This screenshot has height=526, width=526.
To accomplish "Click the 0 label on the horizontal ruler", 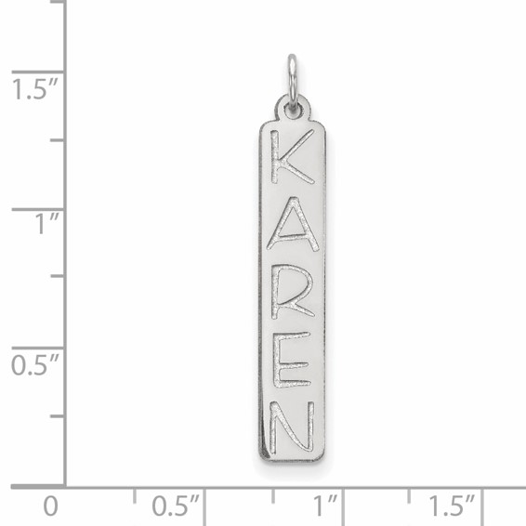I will [52, 506].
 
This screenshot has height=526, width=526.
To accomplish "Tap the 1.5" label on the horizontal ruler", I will [452, 506].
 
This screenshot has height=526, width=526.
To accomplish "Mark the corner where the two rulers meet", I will [65, 485].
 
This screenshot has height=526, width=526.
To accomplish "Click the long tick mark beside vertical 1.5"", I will [37, 72].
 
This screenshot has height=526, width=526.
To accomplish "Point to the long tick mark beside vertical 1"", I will [37, 209].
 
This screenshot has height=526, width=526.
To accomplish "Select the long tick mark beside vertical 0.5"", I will [37, 347].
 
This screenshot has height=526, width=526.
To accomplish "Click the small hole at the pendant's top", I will [293, 111].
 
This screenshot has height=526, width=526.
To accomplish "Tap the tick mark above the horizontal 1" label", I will [340, 493].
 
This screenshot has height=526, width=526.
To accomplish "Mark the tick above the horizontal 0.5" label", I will [203, 493].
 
